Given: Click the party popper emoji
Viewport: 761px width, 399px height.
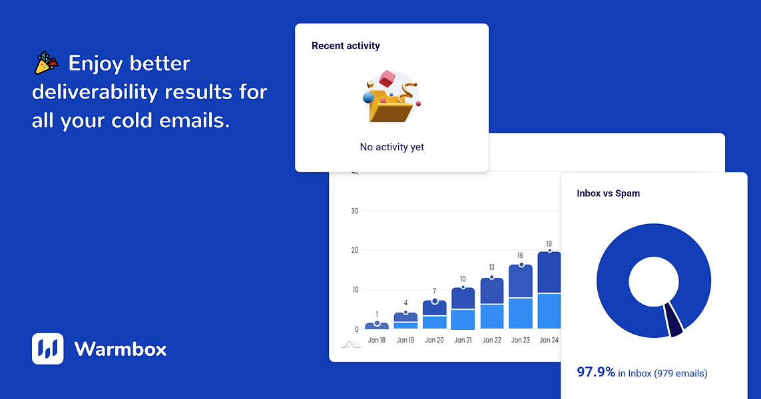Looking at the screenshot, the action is [47, 63].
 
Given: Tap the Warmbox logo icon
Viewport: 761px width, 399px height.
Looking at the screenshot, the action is [47, 348].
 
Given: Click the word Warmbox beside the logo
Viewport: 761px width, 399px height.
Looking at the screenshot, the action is [121, 349].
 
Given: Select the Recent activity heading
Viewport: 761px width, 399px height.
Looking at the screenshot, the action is [346, 46].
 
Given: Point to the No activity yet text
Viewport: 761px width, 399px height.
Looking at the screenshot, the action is [391, 147].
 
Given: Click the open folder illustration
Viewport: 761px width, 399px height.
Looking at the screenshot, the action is [391, 96].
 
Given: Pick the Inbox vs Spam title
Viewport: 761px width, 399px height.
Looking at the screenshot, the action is [608, 193].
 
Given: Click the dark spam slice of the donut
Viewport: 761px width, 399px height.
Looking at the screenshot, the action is [673, 319].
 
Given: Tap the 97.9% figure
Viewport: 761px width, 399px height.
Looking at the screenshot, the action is [596, 372].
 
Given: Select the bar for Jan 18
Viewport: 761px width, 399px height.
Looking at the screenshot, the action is [377, 326].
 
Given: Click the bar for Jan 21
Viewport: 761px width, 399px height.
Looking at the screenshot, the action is [463, 309].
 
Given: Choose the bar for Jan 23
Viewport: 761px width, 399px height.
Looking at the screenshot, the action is [520, 297].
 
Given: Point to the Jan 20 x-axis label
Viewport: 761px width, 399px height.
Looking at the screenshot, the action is [434, 340].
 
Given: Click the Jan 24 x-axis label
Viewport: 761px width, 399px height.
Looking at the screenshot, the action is [549, 340].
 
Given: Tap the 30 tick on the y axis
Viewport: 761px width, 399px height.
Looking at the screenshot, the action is [355, 211].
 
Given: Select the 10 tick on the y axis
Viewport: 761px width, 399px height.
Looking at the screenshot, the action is [355, 290].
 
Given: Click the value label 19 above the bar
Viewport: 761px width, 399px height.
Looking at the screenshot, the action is [549, 244].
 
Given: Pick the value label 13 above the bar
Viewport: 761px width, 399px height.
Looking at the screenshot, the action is [491, 267].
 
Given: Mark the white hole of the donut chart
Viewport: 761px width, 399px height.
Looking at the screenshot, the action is [653, 282].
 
